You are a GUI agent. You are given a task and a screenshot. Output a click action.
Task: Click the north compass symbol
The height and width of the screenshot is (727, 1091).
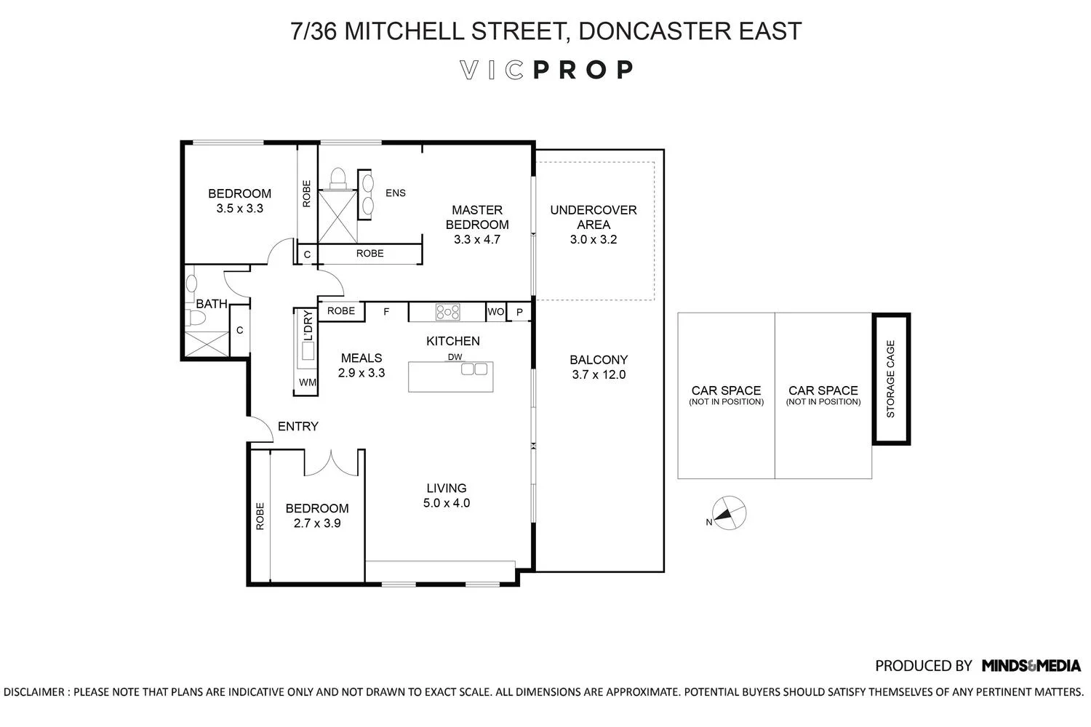(728, 514)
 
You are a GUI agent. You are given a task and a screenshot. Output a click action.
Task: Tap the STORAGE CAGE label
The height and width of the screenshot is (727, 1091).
(891, 379)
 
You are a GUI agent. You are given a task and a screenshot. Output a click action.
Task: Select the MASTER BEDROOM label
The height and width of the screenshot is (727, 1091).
(477, 217)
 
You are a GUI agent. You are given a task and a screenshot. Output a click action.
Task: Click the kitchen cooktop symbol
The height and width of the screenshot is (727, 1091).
(448, 312)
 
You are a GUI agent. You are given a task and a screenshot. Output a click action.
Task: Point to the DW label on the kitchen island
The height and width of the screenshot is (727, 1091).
(455, 356)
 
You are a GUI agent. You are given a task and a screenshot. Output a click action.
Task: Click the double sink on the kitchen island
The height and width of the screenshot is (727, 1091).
(474, 369)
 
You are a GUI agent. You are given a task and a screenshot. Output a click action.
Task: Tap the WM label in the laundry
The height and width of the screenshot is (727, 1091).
(307, 382)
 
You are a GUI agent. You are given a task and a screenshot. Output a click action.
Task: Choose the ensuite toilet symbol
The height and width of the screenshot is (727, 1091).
(337, 177)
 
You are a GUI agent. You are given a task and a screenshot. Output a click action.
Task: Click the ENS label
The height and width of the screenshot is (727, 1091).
(395, 193)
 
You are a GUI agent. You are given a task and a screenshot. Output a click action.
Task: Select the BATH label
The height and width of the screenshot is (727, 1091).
(212, 304)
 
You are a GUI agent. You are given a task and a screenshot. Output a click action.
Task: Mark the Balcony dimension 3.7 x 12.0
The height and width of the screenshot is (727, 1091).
(599, 375)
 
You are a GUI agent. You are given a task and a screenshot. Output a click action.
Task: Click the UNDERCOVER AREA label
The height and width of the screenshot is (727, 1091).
(594, 217)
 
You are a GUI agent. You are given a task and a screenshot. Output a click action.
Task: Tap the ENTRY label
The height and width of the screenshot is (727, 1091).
(298, 427)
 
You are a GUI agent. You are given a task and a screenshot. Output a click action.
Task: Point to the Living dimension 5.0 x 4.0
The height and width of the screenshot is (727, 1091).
(447, 503)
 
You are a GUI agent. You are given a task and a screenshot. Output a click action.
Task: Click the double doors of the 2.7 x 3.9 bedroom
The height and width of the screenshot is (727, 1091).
(332, 463)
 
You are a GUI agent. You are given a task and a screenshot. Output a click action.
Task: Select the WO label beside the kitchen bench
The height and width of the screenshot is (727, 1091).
(495, 312)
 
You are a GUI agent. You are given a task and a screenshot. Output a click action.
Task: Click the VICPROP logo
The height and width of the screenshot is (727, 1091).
(546, 70)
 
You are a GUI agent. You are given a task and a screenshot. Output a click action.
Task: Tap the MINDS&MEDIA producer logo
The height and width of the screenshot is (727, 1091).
(1031, 666)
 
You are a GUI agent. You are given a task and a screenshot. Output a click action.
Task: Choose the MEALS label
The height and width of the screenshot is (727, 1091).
(361, 358)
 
